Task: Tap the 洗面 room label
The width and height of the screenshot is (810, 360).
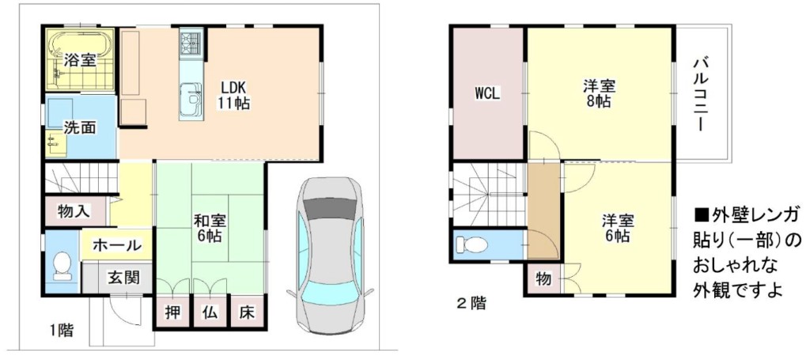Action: coord(79,127)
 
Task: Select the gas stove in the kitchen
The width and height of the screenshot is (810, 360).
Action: coord(191,43)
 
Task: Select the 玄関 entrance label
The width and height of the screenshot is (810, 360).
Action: coord(123,278)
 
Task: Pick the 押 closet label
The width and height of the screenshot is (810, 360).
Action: coord(172,313)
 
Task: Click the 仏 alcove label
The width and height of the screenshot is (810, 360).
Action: coord(210,313)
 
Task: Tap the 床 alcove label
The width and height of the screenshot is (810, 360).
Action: coord(247,313)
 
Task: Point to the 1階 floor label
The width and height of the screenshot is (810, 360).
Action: coord(62,330)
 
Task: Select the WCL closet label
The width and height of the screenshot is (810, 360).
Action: coord(487,94)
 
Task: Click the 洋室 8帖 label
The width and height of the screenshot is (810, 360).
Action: coord(598,93)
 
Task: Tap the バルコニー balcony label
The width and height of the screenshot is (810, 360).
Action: coord(701,94)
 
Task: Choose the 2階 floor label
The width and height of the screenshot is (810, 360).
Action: coord(471,304)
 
